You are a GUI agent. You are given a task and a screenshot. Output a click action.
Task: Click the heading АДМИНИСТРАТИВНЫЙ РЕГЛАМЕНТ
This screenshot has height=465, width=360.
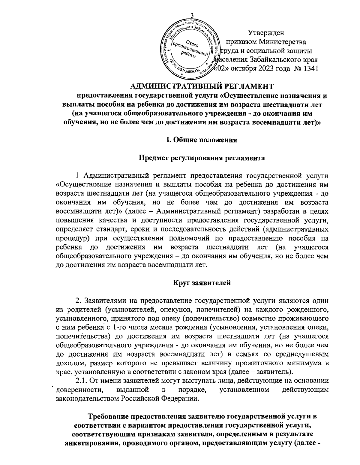[202, 86]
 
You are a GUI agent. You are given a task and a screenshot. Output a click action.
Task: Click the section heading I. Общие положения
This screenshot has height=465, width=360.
[202, 140]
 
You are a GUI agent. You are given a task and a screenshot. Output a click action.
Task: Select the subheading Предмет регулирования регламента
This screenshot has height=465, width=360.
[202, 158]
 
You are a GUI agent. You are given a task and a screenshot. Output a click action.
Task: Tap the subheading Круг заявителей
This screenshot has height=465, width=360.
[202, 282]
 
